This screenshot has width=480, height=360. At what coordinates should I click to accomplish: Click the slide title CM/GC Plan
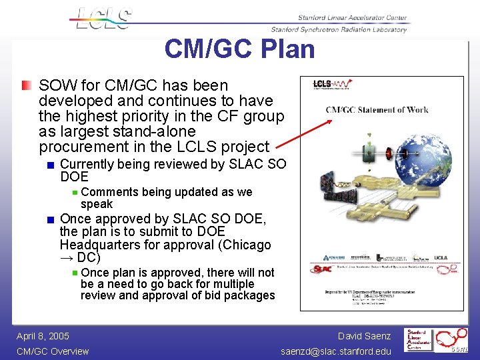(239, 49)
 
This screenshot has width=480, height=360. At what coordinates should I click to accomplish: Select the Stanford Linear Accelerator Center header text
(344, 18)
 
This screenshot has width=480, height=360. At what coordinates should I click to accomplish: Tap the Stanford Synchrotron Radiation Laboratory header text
(339, 29)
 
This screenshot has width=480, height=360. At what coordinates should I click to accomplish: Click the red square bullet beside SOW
(25, 85)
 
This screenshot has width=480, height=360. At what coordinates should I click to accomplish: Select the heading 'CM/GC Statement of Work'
(377, 110)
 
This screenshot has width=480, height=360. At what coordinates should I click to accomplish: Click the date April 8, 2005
(43, 336)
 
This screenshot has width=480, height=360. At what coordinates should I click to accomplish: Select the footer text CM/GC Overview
(52, 351)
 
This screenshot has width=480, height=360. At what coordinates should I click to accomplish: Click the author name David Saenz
(364, 336)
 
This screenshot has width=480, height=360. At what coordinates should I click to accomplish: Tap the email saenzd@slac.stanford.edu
(336, 351)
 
